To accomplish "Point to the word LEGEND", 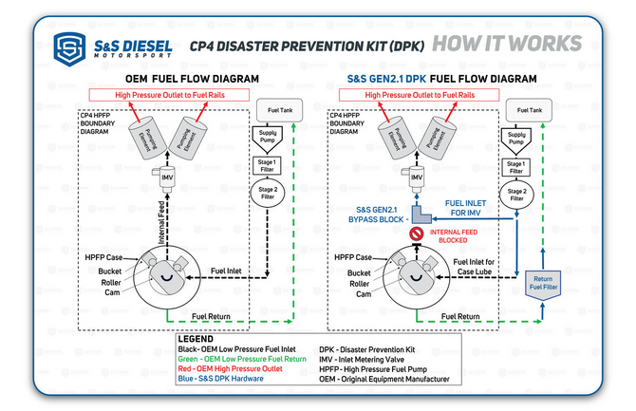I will [200, 339].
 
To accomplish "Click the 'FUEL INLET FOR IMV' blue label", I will [469, 207].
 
